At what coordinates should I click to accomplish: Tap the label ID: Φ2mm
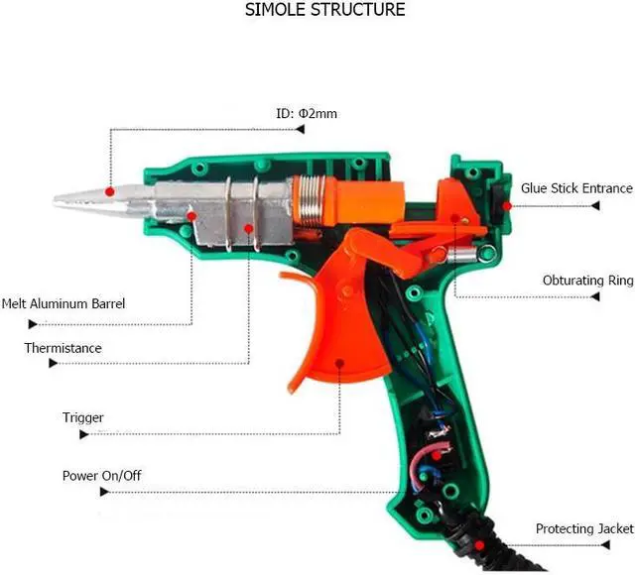click(x=306, y=113)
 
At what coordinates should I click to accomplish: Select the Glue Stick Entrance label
click(x=576, y=188)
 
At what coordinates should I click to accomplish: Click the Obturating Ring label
click(x=587, y=281)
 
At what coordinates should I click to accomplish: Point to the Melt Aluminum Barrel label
click(x=63, y=303)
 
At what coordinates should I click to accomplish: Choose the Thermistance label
click(x=63, y=348)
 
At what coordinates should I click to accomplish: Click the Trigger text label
click(x=82, y=417)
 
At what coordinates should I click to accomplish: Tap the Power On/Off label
click(x=101, y=476)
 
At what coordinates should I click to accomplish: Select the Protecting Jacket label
click(x=584, y=528)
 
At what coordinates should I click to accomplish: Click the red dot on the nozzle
click(x=110, y=190)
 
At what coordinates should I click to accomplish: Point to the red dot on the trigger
click(x=339, y=364)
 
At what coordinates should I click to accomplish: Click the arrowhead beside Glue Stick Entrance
click(x=597, y=205)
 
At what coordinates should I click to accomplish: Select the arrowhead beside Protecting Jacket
click(x=597, y=546)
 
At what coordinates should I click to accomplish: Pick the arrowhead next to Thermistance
click(x=53, y=364)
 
